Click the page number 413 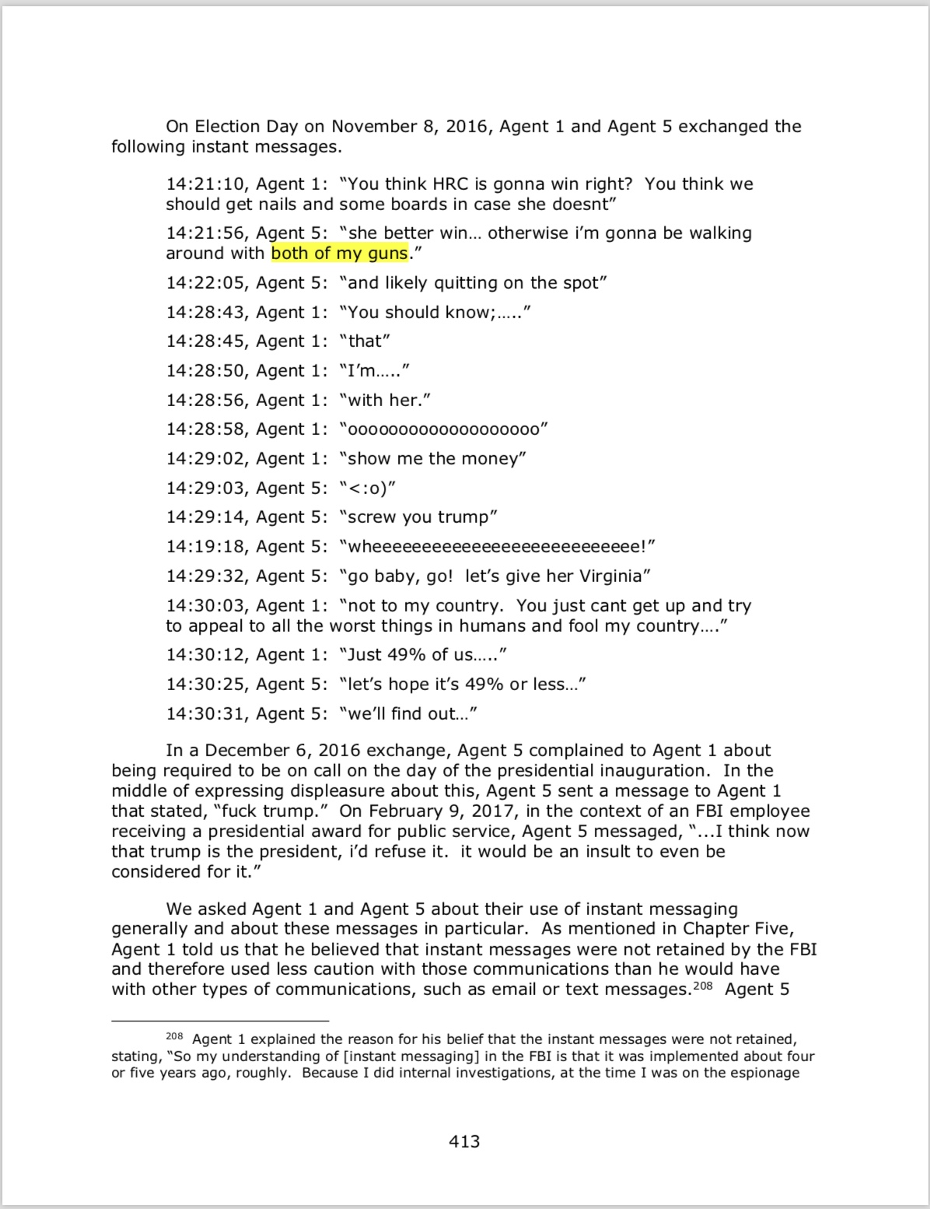pyautogui.click(x=464, y=1141)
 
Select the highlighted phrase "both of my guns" pyautogui.click(x=339, y=253)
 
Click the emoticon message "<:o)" pyautogui.click(x=368, y=489)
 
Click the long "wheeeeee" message pyautogui.click(x=497, y=547)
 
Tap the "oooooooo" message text pyautogui.click(x=444, y=429)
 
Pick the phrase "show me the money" pyautogui.click(x=433, y=459)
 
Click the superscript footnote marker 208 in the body pyautogui.click(x=703, y=986)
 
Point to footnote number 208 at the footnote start pyautogui.click(x=174, y=1036)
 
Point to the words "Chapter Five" pyautogui.click(x=738, y=929)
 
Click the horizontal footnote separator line pyautogui.click(x=220, y=1020)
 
